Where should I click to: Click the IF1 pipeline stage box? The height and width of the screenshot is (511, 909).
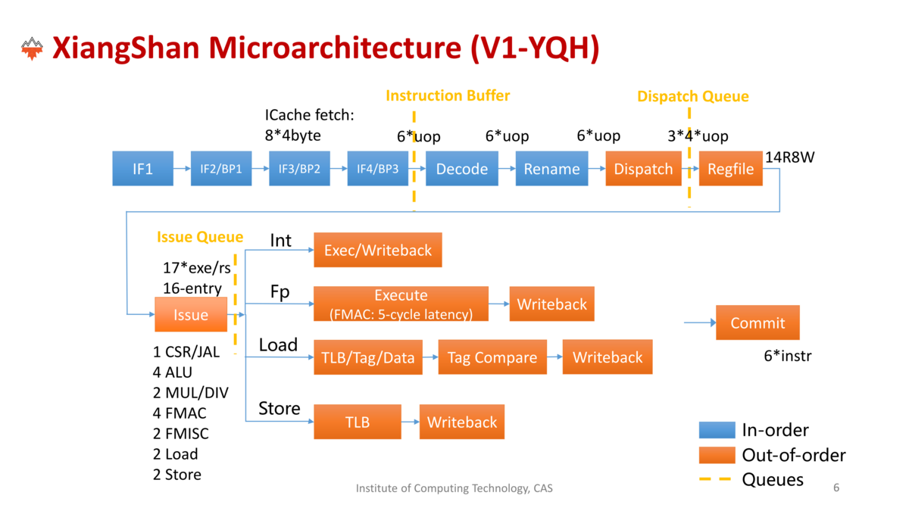143,168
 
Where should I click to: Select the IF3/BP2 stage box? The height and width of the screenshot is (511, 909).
299,168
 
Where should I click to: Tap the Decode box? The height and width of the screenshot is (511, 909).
462,168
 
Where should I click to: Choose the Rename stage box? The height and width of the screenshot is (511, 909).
552,168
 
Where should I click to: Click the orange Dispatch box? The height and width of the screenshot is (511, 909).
644,168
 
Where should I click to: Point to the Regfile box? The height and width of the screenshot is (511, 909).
731,168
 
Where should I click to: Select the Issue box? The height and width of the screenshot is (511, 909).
191,314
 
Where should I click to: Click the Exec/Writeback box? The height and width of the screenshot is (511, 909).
378,250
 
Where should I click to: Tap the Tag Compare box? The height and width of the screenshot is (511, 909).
492,357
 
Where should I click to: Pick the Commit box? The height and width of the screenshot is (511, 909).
757,322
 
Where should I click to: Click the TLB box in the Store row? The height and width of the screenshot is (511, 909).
358,422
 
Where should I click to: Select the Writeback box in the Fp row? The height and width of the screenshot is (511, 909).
552,304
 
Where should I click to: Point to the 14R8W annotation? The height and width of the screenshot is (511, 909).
789,157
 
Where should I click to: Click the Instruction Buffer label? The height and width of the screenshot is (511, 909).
448,95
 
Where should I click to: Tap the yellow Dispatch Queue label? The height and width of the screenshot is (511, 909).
693,97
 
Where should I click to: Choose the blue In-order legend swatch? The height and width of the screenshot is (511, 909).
717,430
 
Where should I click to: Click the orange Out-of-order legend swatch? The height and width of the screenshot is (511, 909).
717,455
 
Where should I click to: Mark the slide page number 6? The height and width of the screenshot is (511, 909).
836,488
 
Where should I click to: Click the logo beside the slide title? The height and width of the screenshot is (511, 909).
32,48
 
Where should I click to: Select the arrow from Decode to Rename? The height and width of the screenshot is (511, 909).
507,168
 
